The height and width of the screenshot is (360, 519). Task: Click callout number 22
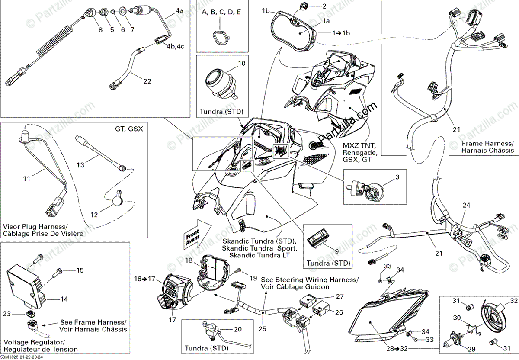[x=147, y=81]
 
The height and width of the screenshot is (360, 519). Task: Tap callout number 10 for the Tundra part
[x=242, y=63]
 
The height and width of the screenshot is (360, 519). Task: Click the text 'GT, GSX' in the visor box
[x=129, y=129]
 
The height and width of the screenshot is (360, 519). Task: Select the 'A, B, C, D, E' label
[x=221, y=12]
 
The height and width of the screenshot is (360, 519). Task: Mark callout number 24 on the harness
[x=466, y=205]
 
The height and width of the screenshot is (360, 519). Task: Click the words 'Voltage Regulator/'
[x=35, y=342]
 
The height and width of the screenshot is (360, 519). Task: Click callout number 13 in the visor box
[x=80, y=165]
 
